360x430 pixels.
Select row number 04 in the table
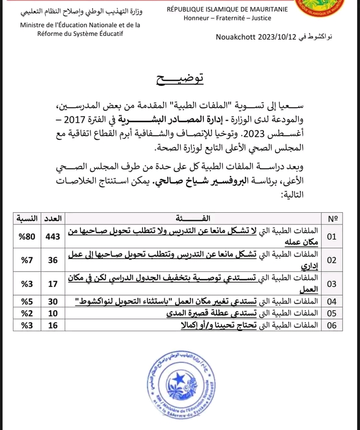[332, 302]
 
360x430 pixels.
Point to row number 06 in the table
[332, 325]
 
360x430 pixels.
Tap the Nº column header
[332, 219]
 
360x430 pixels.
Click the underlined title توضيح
[178, 79]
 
